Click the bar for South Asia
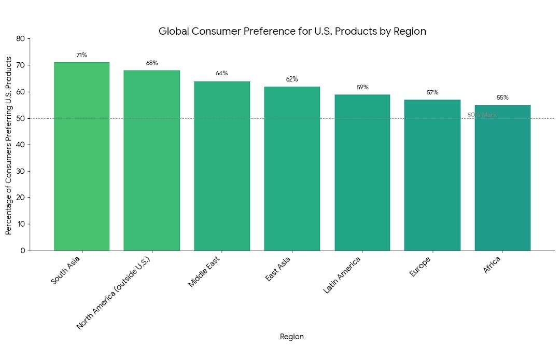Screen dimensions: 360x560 (81, 156)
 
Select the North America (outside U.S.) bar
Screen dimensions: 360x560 (151, 160)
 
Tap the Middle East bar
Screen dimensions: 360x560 (222, 166)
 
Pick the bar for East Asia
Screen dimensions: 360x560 (292, 169)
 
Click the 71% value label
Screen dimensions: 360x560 (81, 55)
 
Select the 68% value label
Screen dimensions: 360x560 (152, 63)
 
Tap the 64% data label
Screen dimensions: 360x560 (222, 73)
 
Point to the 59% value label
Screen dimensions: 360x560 (362, 87)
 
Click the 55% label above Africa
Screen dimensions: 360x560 (502, 98)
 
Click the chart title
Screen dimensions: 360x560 (292, 31)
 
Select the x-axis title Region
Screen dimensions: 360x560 (292, 337)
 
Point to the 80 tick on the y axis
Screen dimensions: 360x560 (21, 39)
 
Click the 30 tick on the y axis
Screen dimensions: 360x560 (21, 171)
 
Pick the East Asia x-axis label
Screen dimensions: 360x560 (278, 268)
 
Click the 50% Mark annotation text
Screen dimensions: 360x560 (482, 115)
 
